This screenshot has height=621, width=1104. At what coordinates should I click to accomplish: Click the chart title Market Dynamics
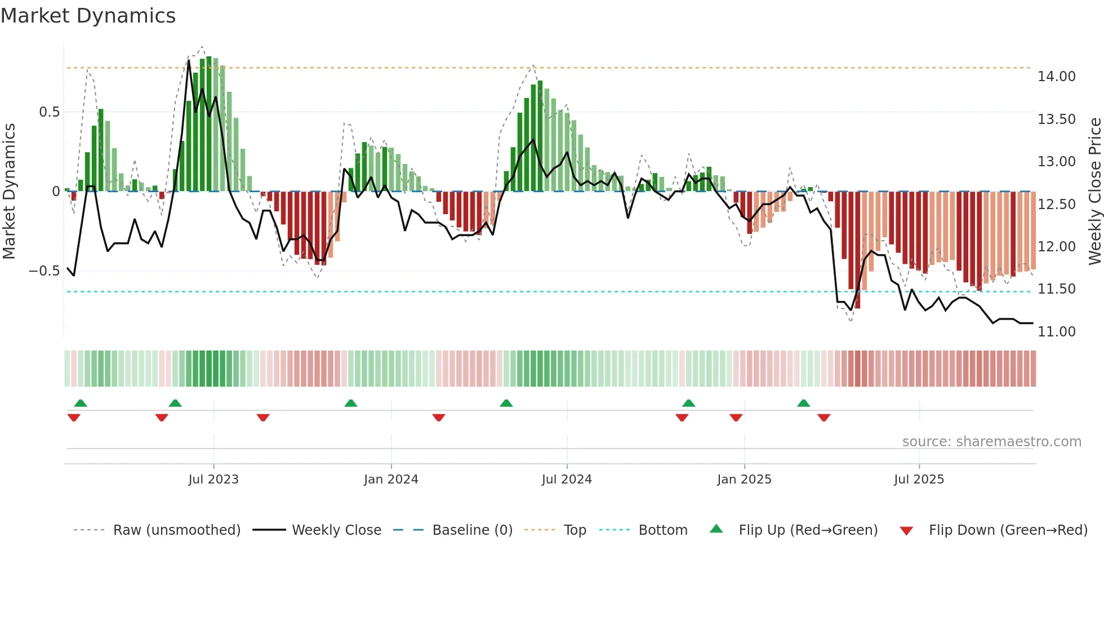(x=88, y=16)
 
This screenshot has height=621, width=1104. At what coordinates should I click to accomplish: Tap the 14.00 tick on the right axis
(x=1056, y=77)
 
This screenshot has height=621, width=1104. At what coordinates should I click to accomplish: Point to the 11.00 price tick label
(x=1056, y=332)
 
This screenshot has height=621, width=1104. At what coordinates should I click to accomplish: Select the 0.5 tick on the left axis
(x=50, y=112)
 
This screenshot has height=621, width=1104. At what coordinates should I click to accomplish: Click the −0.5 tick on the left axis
(x=44, y=271)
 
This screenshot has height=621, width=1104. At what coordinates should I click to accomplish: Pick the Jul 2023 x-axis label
(x=213, y=480)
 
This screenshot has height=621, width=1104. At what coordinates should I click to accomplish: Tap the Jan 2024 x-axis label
(x=391, y=480)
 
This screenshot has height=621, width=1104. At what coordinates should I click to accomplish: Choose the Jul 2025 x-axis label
(x=919, y=480)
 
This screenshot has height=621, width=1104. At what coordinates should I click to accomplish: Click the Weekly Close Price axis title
(x=1094, y=191)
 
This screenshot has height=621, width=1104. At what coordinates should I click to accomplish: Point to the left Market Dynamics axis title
(x=9, y=191)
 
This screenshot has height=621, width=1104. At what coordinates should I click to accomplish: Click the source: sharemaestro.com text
(x=991, y=442)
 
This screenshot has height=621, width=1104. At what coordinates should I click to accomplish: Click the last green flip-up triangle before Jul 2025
(x=804, y=403)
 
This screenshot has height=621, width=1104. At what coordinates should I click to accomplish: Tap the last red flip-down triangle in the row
(x=824, y=418)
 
